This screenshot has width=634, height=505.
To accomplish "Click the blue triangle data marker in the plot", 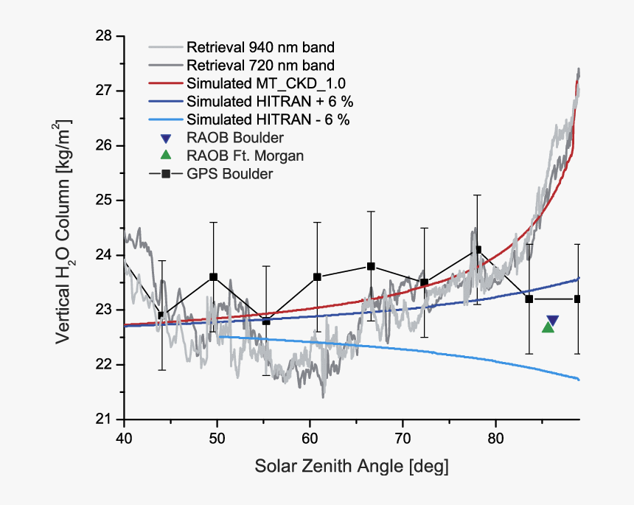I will [x=552, y=321].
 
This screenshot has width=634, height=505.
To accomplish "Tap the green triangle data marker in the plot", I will [x=548, y=327].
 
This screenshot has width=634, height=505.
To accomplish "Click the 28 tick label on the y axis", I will [x=104, y=36].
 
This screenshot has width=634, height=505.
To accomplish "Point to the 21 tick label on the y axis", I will [x=104, y=419].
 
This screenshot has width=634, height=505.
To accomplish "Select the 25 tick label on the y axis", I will [x=104, y=201].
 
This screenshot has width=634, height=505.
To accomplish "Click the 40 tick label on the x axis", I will [x=124, y=436].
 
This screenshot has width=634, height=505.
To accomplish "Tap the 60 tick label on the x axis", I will [x=310, y=436].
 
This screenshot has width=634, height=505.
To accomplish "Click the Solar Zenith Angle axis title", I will [x=352, y=467].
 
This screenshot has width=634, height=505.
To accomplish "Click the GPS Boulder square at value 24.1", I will [x=478, y=249].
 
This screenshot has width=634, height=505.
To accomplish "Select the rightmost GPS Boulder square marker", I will [x=578, y=299].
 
